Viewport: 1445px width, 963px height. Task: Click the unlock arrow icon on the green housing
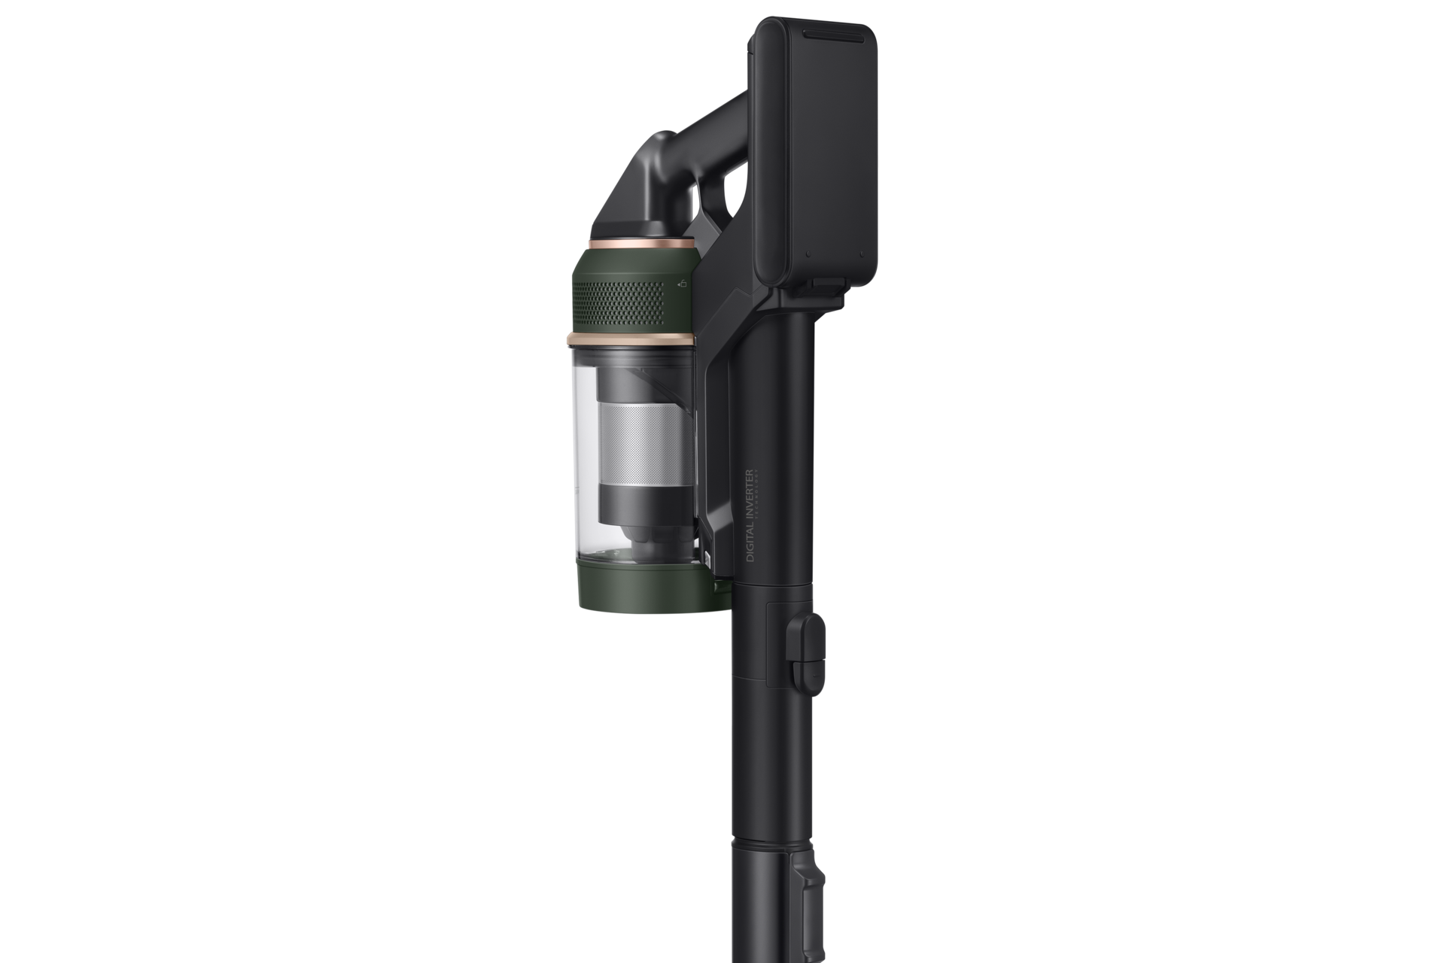682,285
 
